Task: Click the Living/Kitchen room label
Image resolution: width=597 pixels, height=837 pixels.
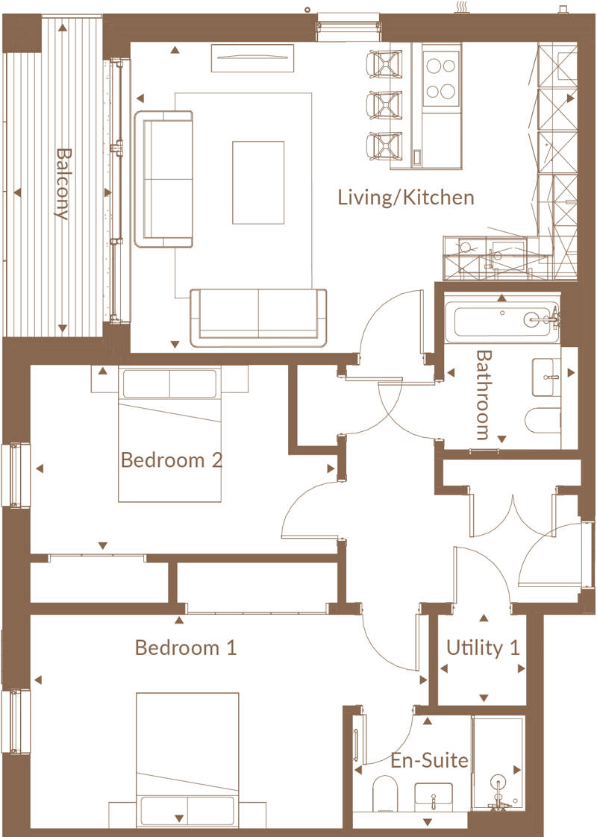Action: (406, 198)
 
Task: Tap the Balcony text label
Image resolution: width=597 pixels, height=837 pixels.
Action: (63, 184)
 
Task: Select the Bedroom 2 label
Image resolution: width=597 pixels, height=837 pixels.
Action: (172, 460)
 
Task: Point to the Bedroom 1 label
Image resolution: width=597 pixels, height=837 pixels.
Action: (185, 648)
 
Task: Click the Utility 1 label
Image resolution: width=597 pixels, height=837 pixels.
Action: (483, 648)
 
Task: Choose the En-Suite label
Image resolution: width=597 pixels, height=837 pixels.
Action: (429, 760)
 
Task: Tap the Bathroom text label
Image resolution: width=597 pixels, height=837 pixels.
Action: (483, 395)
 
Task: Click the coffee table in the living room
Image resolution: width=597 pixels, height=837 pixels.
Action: (258, 183)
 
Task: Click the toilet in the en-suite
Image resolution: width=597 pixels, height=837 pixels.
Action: (384, 792)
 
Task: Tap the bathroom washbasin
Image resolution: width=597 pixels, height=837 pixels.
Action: (546, 377)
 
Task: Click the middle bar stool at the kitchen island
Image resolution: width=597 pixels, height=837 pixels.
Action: (384, 104)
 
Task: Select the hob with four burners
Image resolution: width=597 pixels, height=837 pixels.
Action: (441, 78)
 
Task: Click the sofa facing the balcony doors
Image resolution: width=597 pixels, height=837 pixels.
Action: (163, 179)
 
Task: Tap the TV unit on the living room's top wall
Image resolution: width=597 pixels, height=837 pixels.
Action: (252, 58)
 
